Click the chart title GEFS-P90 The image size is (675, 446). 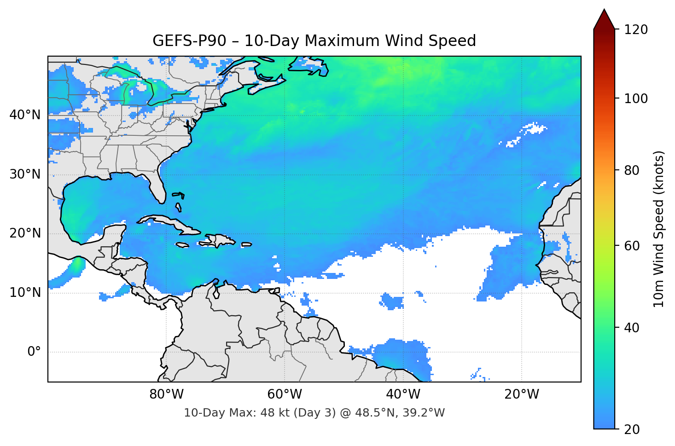189,41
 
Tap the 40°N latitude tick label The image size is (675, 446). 25,115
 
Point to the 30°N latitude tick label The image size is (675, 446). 25,174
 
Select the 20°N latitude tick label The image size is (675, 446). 25,233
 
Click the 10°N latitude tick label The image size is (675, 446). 25,293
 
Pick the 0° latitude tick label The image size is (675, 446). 34,352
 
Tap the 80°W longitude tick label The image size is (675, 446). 166,394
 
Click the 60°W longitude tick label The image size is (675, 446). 285,394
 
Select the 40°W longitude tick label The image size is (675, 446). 403,394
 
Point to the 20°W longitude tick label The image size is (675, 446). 521,394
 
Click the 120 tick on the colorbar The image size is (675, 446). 636,29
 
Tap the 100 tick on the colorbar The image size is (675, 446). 636,98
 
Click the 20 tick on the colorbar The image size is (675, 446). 632,429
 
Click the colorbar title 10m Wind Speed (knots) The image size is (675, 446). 659,229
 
